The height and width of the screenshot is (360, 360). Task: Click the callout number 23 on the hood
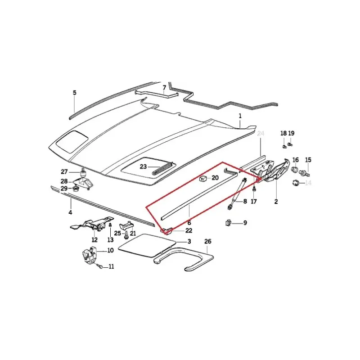(x=143, y=166)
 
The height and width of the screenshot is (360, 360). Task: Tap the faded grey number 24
(x=261, y=133)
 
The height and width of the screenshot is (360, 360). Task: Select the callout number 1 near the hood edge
(x=240, y=116)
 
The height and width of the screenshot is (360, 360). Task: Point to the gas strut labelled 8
(x=237, y=193)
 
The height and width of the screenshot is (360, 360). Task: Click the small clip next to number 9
(x=229, y=222)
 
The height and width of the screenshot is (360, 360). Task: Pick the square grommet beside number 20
(x=203, y=178)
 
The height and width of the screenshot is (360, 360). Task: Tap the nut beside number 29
(x=76, y=189)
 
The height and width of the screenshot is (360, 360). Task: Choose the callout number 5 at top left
(x=75, y=93)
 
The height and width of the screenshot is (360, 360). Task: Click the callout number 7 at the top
(x=164, y=88)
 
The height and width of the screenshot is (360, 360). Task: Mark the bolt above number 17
(x=254, y=189)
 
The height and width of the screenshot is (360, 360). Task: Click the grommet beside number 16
(x=295, y=170)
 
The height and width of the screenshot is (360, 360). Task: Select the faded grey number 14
(x=308, y=183)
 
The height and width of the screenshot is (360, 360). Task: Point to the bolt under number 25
(x=126, y=235)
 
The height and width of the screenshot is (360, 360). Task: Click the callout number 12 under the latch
(x=94, y=240)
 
